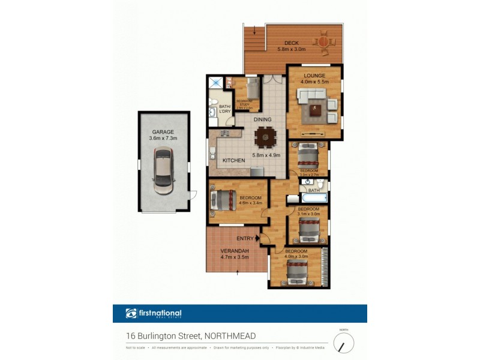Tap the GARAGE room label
tap(163, 131)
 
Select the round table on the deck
tap(324, 43)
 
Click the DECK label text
tap(292, 43)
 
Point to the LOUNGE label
tap(314, 76)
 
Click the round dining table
tap(265, 137)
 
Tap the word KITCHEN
tap(234, 161)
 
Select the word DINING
tap(263, 119)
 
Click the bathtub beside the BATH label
tap(313, 197)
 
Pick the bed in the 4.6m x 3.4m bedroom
tap(223, 199)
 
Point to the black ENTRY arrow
tap(257, 238)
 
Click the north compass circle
tap(344, 344)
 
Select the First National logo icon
tap(131, 313)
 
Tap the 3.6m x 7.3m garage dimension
tap(163, 138)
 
